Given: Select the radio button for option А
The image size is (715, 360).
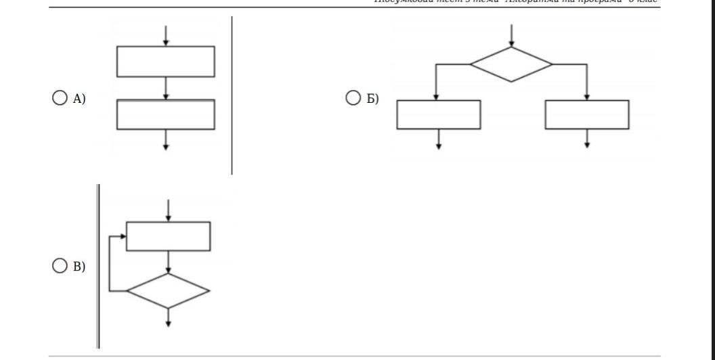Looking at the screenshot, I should point(60,99).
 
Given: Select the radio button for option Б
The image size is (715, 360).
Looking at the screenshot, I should point(353,99).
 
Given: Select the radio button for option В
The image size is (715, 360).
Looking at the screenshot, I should point(60,266).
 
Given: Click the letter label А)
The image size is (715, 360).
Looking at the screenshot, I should point(79,99).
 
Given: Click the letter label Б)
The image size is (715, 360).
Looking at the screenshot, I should point(372,99).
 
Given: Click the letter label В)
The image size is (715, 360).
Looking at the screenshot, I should point(79,267).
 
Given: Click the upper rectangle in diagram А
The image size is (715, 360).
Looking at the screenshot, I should point(166,62).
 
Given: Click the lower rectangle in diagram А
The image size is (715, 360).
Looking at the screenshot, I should point(166,114).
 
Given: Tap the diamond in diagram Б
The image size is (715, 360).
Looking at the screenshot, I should point(511,64).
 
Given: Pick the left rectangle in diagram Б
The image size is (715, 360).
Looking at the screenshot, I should point(439,114).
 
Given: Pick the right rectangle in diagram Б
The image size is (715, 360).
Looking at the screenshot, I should point(587,114).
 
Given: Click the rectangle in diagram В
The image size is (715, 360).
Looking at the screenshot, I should point(169,236).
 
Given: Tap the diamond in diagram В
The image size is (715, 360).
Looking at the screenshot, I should point(169,291).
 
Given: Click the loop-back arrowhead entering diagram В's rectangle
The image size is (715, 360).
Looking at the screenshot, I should point(123,236).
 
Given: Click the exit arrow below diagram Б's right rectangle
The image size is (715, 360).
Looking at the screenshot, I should point(587,139).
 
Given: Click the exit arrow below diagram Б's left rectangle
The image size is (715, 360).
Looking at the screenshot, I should point(439,139).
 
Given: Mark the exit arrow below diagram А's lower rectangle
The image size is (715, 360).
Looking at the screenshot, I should point(166,139).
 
